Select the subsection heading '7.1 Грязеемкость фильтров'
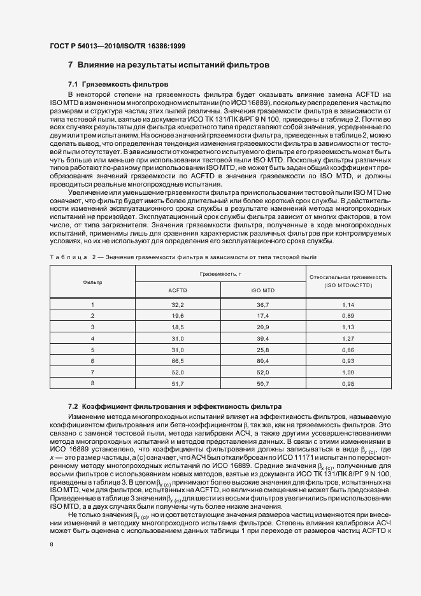118,84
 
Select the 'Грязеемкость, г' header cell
220,273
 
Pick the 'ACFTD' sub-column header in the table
178,290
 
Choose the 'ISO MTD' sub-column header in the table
263,290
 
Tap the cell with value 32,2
178,306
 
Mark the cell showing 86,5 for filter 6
178,360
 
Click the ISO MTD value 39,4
263,338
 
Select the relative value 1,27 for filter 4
348,338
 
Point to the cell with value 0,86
348,349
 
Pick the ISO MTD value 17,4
263,316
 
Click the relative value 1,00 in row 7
348,371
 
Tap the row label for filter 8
92,382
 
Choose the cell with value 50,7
263,382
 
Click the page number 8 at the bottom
52,544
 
